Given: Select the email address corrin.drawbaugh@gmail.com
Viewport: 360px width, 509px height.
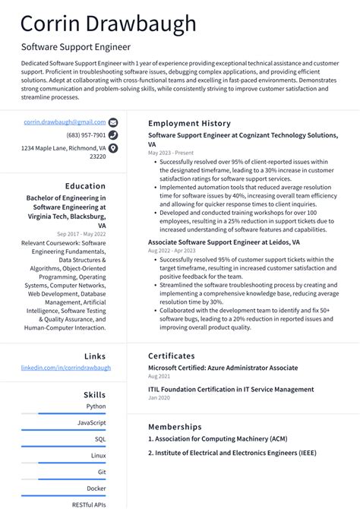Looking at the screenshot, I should (x=65, y=122).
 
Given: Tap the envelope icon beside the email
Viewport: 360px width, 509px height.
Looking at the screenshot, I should (x=113, y=122).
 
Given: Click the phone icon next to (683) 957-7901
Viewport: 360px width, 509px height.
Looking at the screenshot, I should (x=113, y=135).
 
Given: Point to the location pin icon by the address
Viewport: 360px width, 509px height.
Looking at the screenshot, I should (x=113, y=148).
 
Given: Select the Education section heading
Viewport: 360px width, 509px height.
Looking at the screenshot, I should (x=85, y=186).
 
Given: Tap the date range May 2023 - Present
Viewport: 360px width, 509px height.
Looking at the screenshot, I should (x=171, y=152).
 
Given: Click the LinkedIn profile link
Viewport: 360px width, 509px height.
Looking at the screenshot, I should (x=66, y=368).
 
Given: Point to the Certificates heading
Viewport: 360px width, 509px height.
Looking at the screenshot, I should (x=172, y=356).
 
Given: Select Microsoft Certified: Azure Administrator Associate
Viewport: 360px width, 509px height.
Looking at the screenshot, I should (x=223, y=368).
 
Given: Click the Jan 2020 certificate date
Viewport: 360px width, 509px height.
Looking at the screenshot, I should (x=159, y=397).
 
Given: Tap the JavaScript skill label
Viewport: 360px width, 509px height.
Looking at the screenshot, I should (x=92, y=422).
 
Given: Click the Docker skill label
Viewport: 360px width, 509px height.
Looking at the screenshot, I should (x=96, y=488).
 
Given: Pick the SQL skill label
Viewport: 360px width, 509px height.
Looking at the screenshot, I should (x=100, y=439).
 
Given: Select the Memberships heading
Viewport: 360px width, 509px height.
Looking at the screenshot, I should (x=175, y=427).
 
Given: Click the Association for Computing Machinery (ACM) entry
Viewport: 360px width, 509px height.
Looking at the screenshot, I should (x=218, y=439).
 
